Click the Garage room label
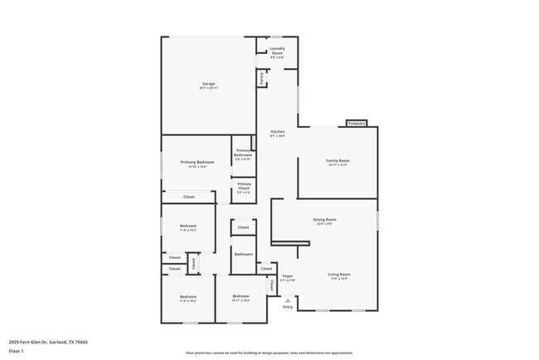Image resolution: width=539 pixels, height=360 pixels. coord(208,84)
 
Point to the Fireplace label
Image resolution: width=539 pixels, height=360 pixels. coord(357,123)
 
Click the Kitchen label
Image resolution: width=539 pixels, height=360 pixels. coord(278,133)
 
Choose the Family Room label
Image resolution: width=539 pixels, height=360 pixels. coord(337,160)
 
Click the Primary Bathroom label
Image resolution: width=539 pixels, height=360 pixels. coord(243,153)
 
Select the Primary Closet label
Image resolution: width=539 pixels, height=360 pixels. coord(244,187)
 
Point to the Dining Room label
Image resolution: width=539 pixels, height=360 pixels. coord(324,220)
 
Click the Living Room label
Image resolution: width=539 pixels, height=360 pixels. coord(339,275)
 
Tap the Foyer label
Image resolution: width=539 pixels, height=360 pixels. coord(288,276)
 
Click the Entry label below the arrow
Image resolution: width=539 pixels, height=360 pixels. coord(288,307)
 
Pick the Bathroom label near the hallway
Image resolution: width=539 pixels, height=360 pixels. coord(243,254)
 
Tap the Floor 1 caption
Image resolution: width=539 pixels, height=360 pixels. coord(17,350)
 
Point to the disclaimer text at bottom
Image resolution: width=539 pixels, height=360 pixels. coord(269,353)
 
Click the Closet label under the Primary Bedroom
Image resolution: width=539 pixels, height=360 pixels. coord(189,197)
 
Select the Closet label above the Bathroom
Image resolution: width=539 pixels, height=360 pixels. coord(243,227)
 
